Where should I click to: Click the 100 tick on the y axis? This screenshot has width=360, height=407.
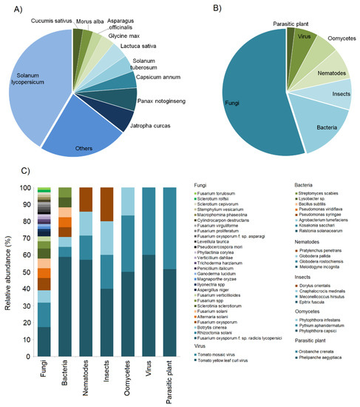pyautogui.click(x=27, y=188)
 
